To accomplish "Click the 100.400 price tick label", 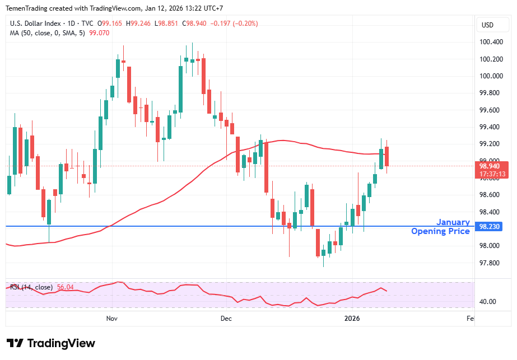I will click(x=490, y=42).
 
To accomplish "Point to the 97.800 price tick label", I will click(x=490, y=263).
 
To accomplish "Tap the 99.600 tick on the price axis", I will click(x=490, y=110).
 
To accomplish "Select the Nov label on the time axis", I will click(x=111, y=318).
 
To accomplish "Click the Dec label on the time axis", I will click(x=226, y=318).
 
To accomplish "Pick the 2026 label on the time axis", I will click(x=352, y=318).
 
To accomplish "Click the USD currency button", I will click(x=487, y=25).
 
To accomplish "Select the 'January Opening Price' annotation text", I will click(x=441, y=227).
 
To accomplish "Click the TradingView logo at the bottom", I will click(x=51, y=343).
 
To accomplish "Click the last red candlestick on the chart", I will click(x=387, y=156).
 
